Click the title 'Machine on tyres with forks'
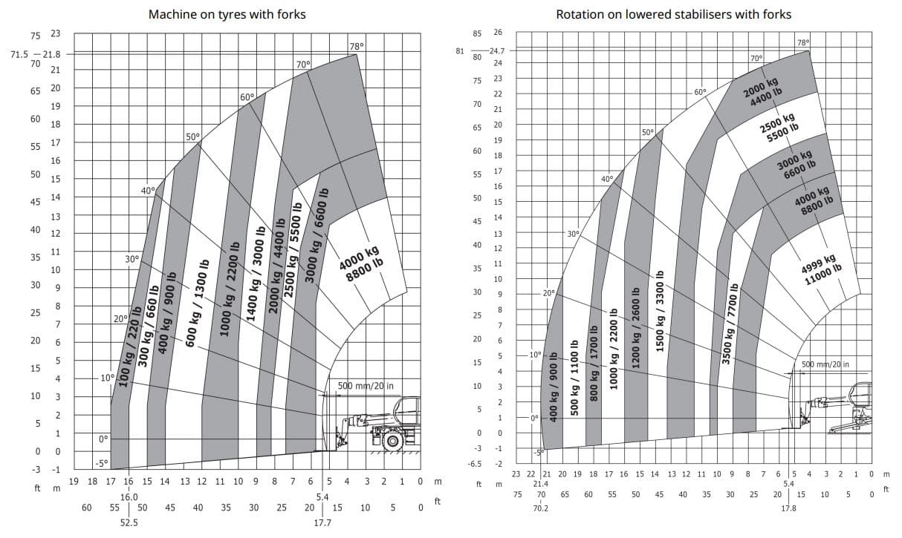click(x=227, y=14)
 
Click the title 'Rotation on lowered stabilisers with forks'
click(x=673, y=14)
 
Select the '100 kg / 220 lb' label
click(x=131, y=347)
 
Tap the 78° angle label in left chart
click(x=357, y=46)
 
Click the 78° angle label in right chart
click(x=803, y=42)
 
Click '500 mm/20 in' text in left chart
click(x=366, y=386)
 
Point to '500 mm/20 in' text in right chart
click(x=825, y=364)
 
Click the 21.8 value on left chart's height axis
click(x=52, y=54)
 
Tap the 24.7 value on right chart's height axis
click(x=497, y=50)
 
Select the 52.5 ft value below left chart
click(x=129, y=522)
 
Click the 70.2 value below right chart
click(x=542, y=508)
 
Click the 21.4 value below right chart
click(x=542, y=483)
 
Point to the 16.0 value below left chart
click(x=129, y=496)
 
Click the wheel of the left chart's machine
click(x=392, y=440)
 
